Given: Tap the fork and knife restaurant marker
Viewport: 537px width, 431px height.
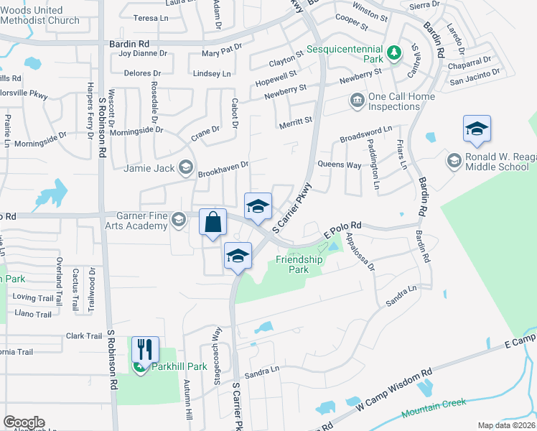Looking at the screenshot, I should [x=145, y=350].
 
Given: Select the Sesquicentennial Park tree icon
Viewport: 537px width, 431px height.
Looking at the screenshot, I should [x=393, y=52].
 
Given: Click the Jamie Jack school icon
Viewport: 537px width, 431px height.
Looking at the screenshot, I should [x=186, y=168].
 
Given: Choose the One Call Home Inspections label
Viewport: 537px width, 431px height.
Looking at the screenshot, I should [x=394, y=101].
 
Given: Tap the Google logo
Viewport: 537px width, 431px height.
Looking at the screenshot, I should [x=23, y=422].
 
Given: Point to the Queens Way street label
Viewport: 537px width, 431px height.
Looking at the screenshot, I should [x=344, y=164].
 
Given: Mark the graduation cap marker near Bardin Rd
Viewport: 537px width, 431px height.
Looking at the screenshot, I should [x=477, y=130].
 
